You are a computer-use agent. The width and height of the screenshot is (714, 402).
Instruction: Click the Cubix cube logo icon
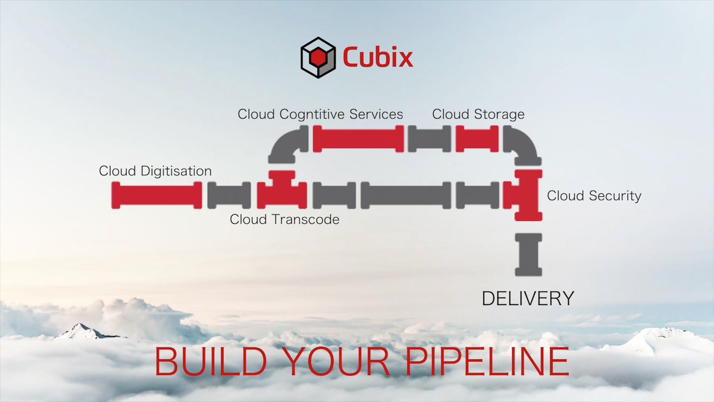[x=317, y=58]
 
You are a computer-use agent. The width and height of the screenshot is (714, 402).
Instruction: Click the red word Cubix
[x=377, y=58]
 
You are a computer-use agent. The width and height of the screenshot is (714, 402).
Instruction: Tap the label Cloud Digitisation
[x=155, y=171]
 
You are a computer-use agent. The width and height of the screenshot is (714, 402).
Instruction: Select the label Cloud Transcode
[x=284, y=219]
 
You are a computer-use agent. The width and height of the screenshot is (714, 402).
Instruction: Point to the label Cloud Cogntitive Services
[x=320, y=114]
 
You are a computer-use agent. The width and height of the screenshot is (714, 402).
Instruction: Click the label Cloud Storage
[x=478, y=114]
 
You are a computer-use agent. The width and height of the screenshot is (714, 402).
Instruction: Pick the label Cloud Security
[x=594, y=195]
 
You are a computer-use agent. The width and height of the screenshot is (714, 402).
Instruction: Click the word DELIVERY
[x=528, y=298]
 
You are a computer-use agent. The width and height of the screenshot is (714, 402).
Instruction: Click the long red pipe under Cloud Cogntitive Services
[x=358, y=138]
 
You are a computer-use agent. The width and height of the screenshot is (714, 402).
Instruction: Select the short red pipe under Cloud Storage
[x=477, y=138]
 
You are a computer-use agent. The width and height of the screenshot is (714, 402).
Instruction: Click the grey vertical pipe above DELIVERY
[x=528, y=255]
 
